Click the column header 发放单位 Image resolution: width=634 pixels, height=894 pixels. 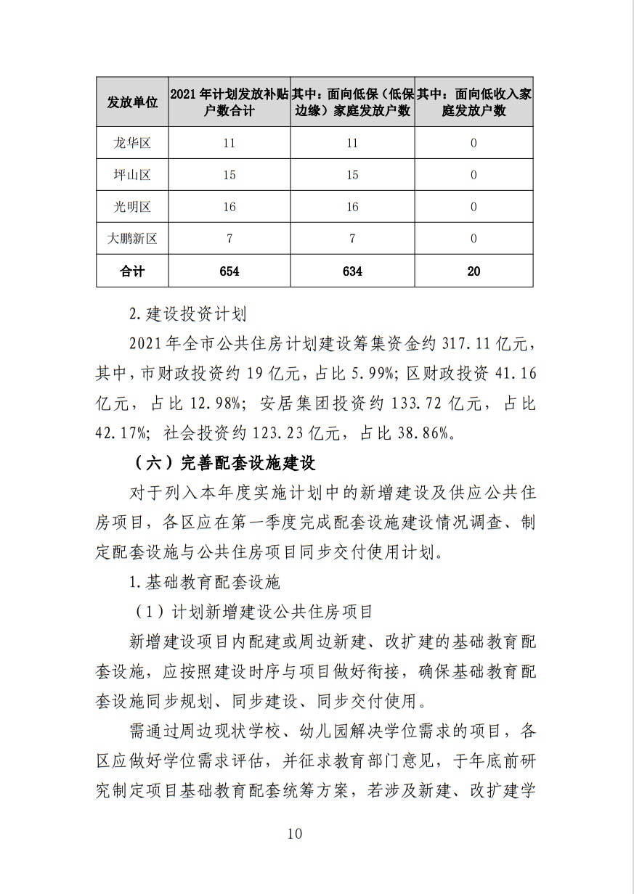pos(132,102)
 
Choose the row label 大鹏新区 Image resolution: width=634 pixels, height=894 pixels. pos(132,238)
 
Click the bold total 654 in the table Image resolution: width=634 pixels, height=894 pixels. pos(229,271)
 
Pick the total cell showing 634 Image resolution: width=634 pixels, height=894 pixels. pos(352,271)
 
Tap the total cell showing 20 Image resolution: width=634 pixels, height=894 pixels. pos(474,271)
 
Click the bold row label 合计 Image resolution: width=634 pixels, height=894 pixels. pos(132,271)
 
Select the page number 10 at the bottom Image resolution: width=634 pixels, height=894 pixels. pos(294,833)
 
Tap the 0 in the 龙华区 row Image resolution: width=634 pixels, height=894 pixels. pos(474,143)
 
